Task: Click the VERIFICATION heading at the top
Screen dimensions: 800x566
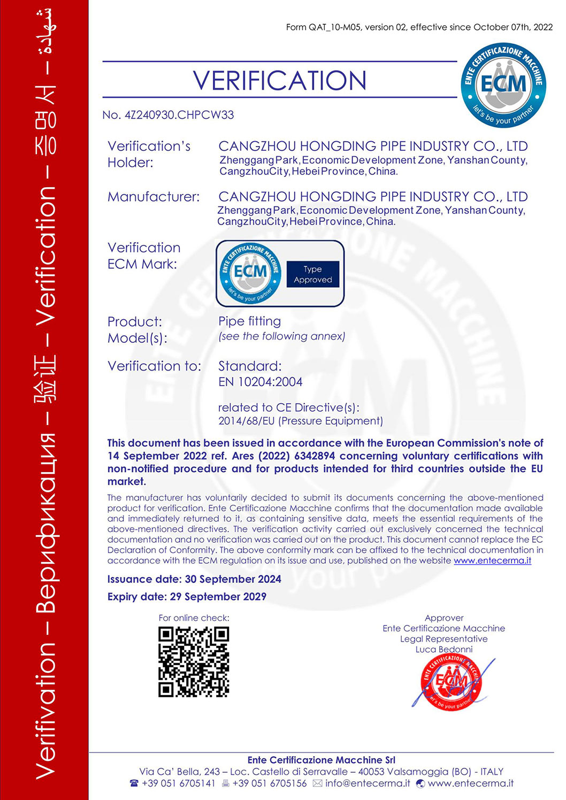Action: coord(279,81)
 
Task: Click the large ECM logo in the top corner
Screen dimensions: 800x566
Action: coord(503,85)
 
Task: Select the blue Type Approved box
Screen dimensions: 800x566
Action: coord(313,274)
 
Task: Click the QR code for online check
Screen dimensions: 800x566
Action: coord(194,662)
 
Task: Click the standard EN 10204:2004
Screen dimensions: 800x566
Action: coord(260,382)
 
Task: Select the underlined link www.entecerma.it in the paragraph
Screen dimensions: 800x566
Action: coord(492,560)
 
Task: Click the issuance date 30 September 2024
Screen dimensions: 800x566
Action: coord(233,579)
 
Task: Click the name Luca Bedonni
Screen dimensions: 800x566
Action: coord(444,649)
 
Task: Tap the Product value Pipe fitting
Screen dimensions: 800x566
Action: coord(249,321)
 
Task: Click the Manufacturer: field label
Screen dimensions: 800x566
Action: coord(154,197)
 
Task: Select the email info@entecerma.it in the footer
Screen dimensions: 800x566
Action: coord(368,783)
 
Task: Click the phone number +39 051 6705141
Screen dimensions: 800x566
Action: coord(178,783)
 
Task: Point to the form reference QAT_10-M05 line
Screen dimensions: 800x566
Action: coord(419,27)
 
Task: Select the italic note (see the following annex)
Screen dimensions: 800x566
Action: coord(281,336)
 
